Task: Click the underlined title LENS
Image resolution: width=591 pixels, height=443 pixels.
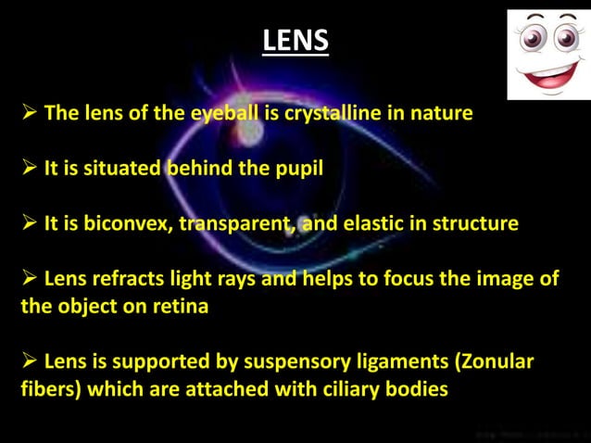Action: coord(295,41)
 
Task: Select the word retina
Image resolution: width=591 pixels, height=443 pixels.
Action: coord(177,307)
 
